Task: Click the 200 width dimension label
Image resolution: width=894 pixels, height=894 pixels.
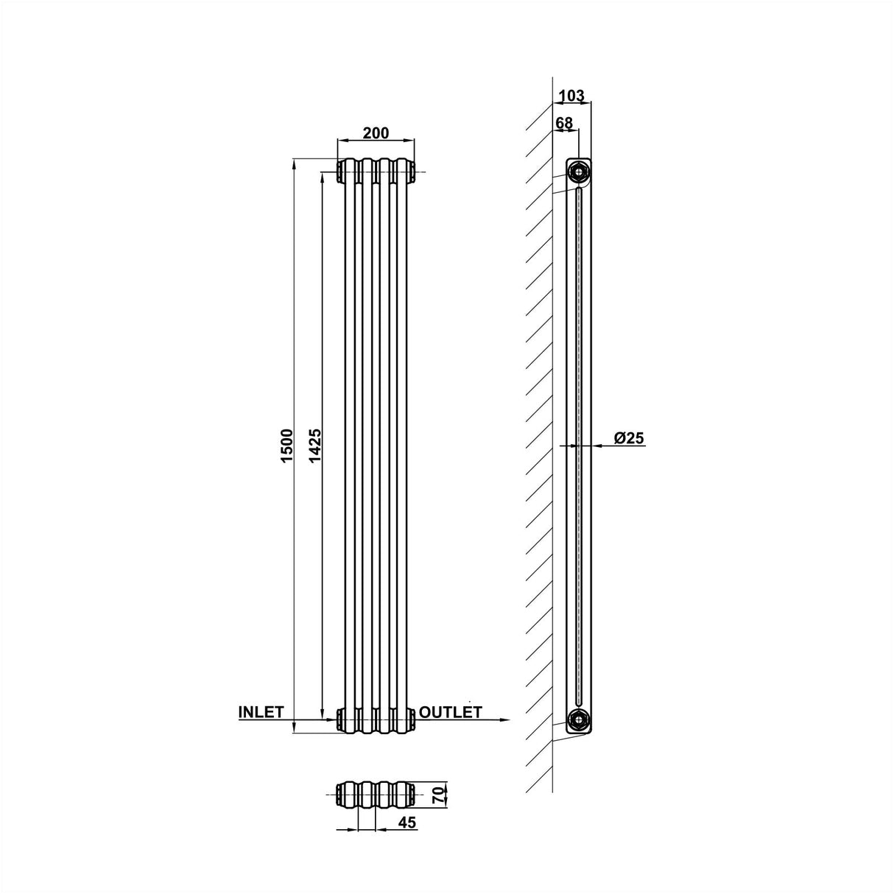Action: click(x=376, y=133)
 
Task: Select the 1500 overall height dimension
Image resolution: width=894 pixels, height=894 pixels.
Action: click(x=287, y=445)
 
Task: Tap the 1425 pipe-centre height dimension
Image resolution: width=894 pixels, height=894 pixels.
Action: click(x=315, y=445)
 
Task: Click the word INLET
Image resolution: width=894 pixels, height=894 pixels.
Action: click(x=261, y=712)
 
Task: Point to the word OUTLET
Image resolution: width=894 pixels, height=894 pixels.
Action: click(x=451, y=712)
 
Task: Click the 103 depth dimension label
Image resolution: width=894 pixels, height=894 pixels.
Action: click(x=571, y=96)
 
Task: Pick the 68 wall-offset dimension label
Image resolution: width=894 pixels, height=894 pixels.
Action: click(x=564, y=123)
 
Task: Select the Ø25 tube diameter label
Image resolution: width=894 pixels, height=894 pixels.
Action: click(x=629, y=438)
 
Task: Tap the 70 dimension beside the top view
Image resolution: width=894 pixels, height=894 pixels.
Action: click(x=438, y=795)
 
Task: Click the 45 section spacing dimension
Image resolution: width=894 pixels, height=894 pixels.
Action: click(x=407, y=823)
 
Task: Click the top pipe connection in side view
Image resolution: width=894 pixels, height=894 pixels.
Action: click(x=579, y=173)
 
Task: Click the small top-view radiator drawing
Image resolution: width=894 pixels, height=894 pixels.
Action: click(x=374, y=795)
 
